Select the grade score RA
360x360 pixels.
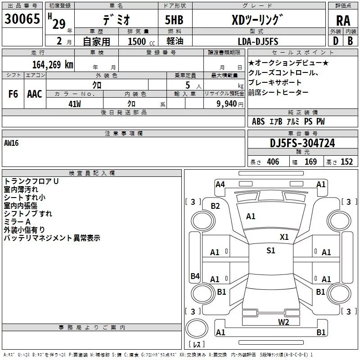click(343, 21)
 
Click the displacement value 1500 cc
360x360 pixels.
click(137, 41)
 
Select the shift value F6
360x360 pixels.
click(13, 94)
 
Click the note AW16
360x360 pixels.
click(12, 143)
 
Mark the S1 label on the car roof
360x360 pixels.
click(270, 251)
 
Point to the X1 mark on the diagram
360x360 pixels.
click(284, 237)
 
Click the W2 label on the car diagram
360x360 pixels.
click(283, 322)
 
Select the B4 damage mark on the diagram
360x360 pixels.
click(195, 276)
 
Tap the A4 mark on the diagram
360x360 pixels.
click(220, 184)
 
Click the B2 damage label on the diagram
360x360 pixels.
click(216, 206)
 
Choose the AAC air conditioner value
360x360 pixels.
click(34, 94)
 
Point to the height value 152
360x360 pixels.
click(346, 162)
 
